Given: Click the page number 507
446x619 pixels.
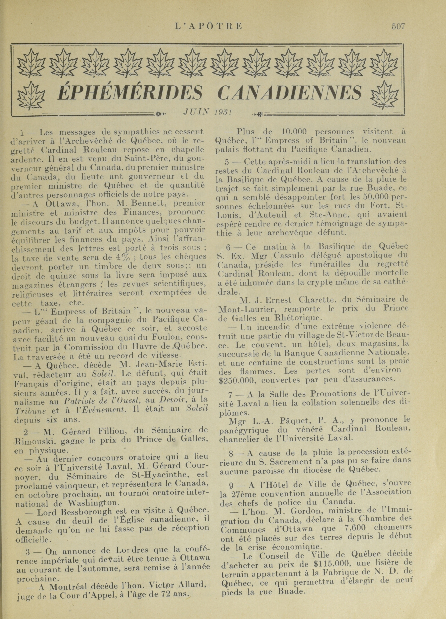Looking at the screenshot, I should click(398, 26).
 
